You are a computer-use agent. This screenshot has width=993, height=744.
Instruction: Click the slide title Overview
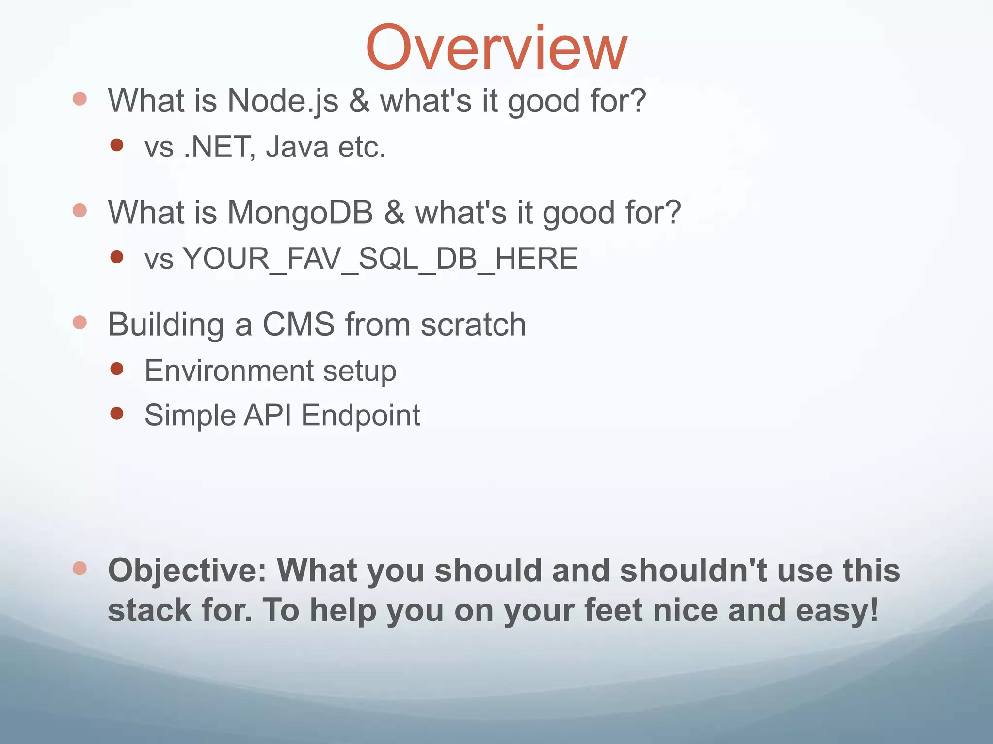[496, 48]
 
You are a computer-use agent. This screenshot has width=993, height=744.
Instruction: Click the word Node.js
[283, 101]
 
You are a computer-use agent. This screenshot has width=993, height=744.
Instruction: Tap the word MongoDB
[300, 213]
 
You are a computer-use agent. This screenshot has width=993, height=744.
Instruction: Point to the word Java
[297, 147]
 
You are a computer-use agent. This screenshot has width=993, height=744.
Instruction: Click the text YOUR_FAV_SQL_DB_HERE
[380, 259]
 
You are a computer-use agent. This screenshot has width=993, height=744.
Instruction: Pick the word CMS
[299, 324]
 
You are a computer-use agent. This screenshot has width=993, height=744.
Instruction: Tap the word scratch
[473, 324]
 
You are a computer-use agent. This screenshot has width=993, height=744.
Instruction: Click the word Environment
[229, 371]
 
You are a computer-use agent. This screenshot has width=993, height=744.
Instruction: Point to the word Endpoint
[361, 415]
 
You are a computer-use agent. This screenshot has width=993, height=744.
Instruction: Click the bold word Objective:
[187, 570]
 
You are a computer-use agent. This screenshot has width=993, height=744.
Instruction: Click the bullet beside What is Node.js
[80, 99]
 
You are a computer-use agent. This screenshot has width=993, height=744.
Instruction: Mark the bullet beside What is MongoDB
[80, 211]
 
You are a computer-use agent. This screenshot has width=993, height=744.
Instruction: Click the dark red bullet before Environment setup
[117, 369]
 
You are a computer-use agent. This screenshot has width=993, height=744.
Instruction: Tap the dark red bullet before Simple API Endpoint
[117, 413]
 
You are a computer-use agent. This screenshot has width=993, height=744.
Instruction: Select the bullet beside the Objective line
[80, 568]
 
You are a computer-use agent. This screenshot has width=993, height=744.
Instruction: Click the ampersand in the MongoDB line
[394, 213]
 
